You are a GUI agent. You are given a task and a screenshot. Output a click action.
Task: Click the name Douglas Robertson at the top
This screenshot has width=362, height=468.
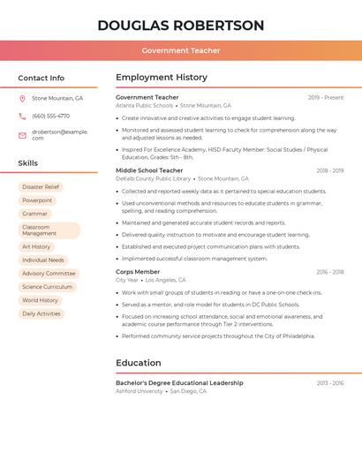tap(181, 25)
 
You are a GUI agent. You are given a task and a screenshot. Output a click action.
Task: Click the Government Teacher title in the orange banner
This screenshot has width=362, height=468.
tap(181, 51)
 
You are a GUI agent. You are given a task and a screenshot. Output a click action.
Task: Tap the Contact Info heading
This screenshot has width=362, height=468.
tap(41, 78)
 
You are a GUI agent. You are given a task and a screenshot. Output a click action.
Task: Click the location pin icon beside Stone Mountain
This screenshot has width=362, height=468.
tap(22, 98)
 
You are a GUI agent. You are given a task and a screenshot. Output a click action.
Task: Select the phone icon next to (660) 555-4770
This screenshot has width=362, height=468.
tap(22, 116)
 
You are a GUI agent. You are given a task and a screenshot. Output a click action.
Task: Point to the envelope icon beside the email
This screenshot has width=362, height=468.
tap(22, 135)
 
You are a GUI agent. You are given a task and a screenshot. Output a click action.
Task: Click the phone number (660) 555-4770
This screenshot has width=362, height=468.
tap(50, 116)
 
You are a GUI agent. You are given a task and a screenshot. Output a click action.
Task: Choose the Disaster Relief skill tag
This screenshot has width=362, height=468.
tap(41, 187)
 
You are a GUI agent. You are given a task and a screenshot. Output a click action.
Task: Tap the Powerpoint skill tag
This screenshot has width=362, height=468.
tap(37, 200)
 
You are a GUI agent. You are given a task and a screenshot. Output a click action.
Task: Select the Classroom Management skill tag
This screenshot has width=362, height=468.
tap(49, 230)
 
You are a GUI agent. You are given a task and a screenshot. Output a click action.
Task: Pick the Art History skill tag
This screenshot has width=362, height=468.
tap(36, 247)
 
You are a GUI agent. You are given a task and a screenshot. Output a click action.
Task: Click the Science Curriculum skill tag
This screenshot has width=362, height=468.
tap(48, 287)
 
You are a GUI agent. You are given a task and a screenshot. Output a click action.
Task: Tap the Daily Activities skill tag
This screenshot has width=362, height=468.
tap(41, 313)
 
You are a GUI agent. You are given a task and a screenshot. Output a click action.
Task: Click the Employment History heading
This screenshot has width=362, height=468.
tap(162, 78)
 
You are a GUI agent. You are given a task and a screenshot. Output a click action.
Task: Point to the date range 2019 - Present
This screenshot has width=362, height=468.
tap(326, 97)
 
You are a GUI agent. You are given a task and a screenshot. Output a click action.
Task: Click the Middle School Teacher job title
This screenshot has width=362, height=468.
tap(149, 170)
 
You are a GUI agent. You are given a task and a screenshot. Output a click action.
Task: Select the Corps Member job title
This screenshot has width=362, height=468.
tap(138, 272)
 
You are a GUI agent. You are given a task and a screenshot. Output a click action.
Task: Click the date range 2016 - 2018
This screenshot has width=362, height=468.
tap(329, 272)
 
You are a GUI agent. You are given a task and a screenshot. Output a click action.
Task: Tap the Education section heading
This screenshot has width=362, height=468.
tap(139, 363)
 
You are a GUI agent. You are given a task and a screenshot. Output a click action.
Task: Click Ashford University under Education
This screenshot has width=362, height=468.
tap(140, 391)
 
